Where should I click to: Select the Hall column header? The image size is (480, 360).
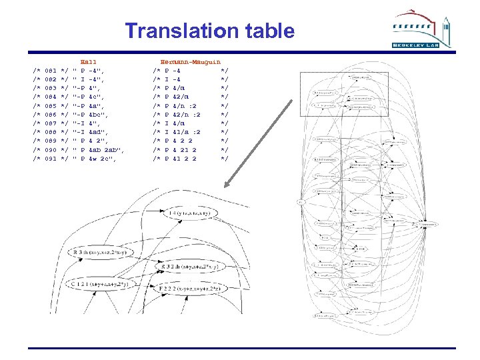(x=88, y=61)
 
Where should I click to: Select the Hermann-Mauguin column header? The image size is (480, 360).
(x=191, y=61)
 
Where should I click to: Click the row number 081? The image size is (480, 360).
(x=47, y=70)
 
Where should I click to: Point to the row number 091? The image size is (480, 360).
(x=47, y=159)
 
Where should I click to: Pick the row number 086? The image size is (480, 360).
(x=47, y=115)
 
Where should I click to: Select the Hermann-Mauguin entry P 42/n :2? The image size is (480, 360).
(x=184, y=115)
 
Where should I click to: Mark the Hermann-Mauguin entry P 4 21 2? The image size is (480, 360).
(x=182, y=150)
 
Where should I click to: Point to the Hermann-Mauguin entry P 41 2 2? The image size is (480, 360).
(x=182, y=159)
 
